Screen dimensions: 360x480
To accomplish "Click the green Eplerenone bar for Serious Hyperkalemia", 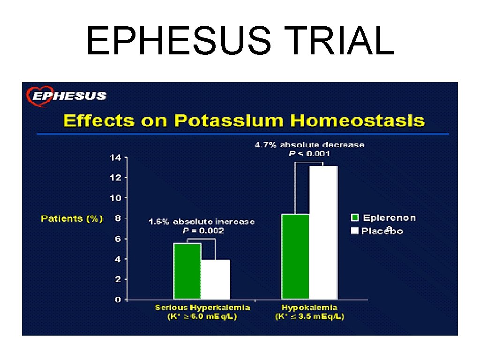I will (187, 271).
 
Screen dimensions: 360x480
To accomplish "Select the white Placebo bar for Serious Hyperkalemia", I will (216, 279).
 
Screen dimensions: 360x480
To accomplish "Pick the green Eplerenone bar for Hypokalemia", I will (295, 256).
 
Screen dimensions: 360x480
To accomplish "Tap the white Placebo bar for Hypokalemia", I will (323, 232).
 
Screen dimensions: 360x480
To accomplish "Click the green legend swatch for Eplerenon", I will (355, 217).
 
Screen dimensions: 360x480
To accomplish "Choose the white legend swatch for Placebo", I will (355, 231).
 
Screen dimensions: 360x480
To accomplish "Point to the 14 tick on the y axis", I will (115, 157).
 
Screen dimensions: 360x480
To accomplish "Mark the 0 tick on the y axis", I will (118, 300).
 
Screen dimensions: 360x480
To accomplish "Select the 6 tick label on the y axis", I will (118, 239).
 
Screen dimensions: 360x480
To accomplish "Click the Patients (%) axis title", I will (72, 218).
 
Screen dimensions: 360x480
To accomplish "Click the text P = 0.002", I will (203, 231).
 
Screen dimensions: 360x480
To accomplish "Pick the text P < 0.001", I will (309, 153).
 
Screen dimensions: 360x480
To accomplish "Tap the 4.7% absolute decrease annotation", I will (309, 145).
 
